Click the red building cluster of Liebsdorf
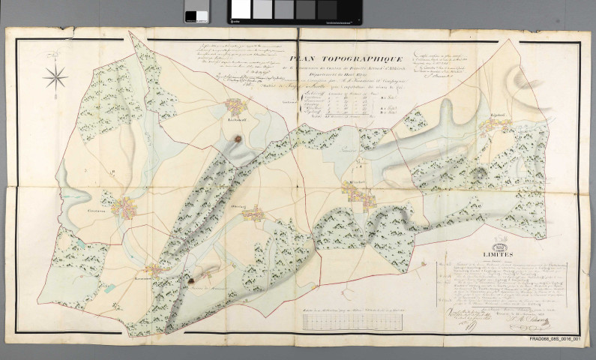tap(230, 107)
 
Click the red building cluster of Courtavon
tap(124, 209)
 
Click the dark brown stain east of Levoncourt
tap(192, 282)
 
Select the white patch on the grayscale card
tap(242, 9)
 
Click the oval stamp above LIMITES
tap(490, 245)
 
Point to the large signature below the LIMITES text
tap(525, 322)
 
